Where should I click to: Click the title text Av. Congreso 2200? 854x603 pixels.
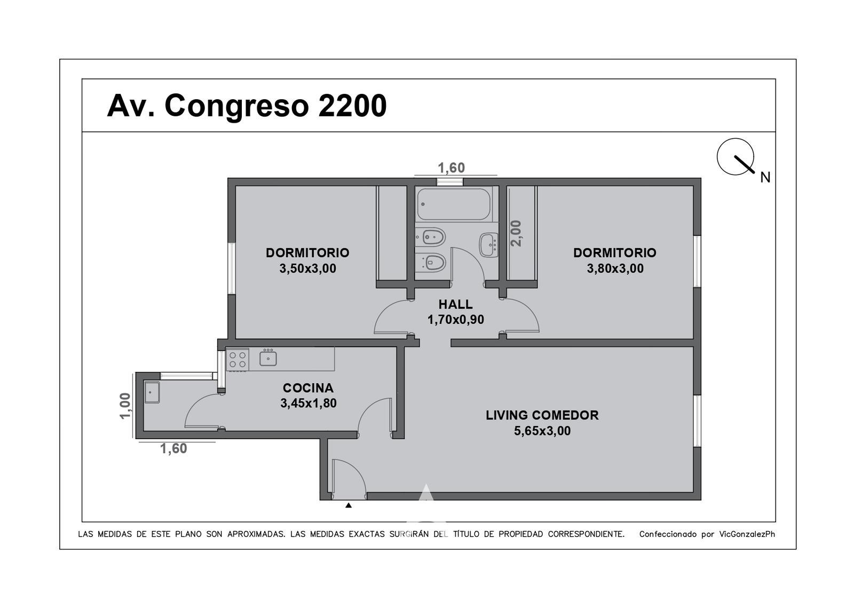[x=247, y=106]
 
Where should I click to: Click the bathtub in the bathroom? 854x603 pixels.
[x=453, y=204]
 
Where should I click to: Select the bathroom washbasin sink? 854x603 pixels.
[x=489, y=245]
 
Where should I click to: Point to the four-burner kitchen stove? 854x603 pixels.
[x=237, y=360]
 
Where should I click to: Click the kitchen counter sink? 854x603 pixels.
[x=268, y=358]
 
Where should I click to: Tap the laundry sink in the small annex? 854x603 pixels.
[x=152, y=392]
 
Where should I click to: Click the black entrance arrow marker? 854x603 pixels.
[x=348, y=505]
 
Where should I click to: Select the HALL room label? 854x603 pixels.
[x=455, y=304]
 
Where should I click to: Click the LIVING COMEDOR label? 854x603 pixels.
[x=542, y=415]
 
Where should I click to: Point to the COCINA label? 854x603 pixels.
[x=308, y=388]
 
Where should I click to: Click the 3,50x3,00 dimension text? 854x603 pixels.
[x=307, y=268]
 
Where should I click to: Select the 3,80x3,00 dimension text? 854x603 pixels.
[x=615, y=268]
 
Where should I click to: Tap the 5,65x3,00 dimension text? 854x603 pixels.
[x=542, y=431]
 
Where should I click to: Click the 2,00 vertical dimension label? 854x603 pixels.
[x=516, y=233]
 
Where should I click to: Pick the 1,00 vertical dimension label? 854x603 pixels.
[x=125, y=406]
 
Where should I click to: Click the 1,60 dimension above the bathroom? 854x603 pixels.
[x=451, y=168]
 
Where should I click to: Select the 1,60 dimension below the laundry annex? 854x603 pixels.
[x=173, y=449]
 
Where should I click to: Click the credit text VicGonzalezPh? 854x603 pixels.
[x=747, y=534]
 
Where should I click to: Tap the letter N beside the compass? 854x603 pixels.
[x=765, y=178]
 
